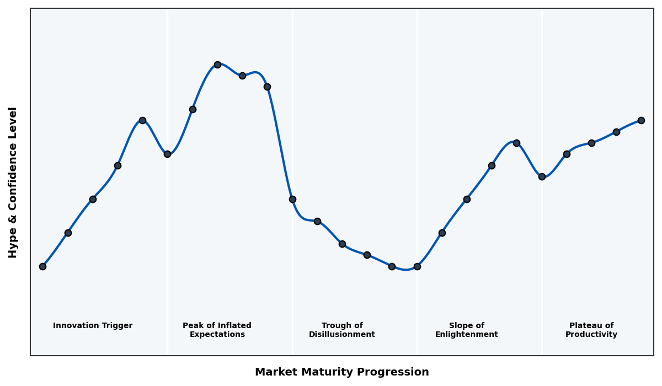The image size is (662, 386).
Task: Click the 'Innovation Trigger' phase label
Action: click(93, 326)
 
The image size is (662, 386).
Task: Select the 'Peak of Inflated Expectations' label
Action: click(217, 330)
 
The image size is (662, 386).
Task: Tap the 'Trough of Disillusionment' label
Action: click(342, 330)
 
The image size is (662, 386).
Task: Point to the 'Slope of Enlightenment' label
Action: click(467, 330)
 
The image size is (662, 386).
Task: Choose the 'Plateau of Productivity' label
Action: click(591, 330)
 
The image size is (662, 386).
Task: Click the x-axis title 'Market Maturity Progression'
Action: click(342, 372)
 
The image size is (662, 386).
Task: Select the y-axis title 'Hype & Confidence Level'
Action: click(13, 182)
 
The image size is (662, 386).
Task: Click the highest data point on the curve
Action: click(217, 65)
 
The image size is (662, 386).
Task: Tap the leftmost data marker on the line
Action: click(42, 266)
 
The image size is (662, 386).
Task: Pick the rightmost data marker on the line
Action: click(641, 120)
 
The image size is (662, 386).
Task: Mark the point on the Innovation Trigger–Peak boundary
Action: click(167, 154)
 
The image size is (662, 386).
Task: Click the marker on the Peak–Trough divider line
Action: click(292, 199)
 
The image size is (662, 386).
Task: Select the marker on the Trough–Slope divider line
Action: click(417, 266)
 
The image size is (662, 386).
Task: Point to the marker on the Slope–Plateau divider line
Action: click(542, 176)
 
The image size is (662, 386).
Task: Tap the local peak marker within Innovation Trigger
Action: click(142, 120)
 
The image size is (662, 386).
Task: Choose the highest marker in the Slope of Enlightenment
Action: click(516, 143)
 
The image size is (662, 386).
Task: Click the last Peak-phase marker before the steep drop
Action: click(267, 87)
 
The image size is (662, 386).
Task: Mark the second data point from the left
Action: click(68, 233)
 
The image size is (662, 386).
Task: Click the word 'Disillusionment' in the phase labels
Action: click(342, 335)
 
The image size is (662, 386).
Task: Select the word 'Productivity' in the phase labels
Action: click(591, 335)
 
